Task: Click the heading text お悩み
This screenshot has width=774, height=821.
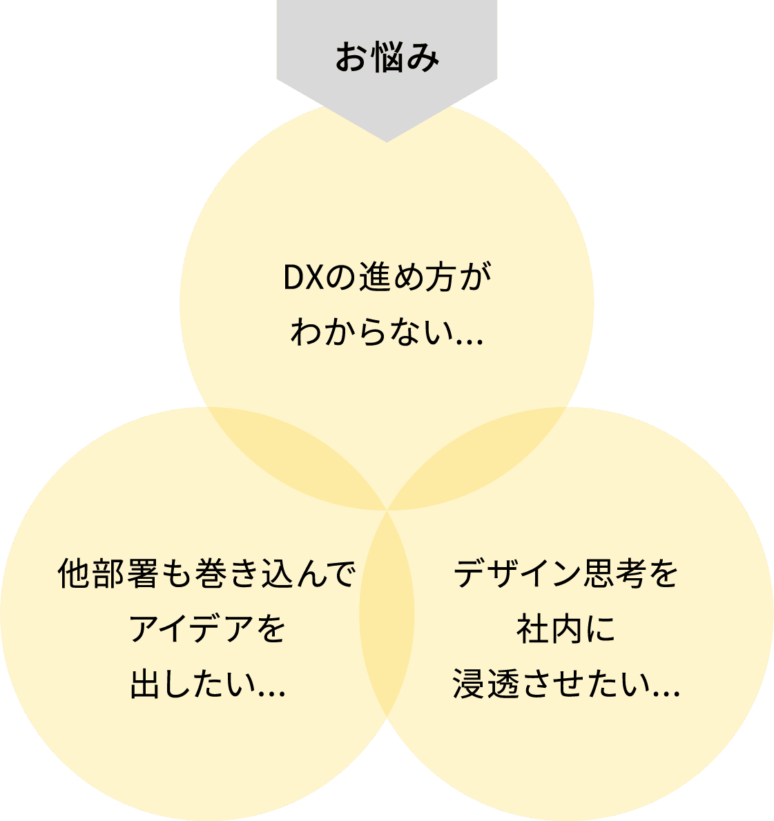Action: coord(387,58)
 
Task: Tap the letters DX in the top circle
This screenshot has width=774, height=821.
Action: coord(299,277)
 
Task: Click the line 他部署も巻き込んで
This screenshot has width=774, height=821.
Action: coord(207,574)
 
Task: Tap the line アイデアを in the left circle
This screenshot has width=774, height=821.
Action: coord(207,629)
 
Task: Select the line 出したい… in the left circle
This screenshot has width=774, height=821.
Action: coord(207,685)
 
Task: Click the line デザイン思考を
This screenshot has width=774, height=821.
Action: coord(566,574)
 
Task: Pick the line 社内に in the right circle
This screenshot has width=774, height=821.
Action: coord(566,629)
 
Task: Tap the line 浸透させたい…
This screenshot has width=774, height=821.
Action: coord(566,685)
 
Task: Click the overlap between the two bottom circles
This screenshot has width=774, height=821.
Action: coord(387,614)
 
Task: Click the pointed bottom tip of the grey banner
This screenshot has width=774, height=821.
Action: coord(387,140)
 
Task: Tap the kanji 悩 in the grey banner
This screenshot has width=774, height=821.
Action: coord(387,58)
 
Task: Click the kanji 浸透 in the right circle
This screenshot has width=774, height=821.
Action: coord(490,685)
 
